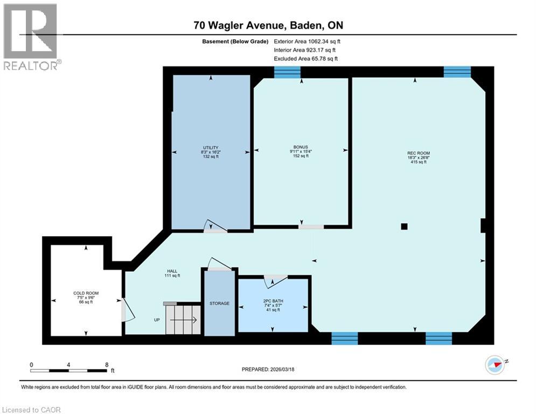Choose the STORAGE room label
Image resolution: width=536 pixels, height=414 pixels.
219,303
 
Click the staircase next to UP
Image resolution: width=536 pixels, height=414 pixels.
183,319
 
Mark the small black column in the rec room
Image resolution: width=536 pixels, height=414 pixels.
405,227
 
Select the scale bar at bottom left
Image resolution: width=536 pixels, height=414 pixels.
68,370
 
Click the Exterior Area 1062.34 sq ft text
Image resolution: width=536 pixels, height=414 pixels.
307,41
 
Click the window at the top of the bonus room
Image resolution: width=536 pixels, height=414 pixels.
287,73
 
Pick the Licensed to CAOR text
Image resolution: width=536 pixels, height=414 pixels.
32,410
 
